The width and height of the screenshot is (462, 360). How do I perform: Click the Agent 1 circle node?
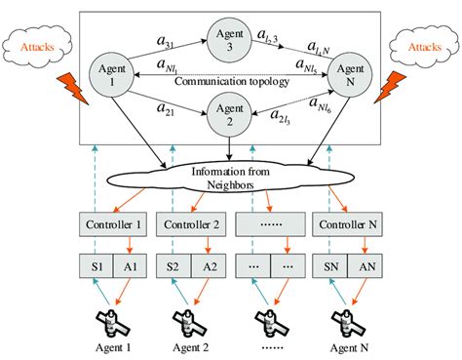109,75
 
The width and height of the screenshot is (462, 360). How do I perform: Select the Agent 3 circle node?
232,36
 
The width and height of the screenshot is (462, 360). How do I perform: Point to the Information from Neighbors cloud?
232,181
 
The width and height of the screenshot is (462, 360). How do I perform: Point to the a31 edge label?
166,39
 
